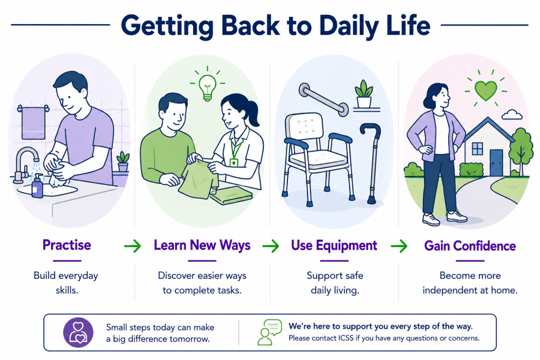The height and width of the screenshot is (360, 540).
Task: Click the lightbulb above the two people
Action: (x=207, y=87)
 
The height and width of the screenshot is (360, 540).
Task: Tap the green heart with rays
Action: (x=486, y=90)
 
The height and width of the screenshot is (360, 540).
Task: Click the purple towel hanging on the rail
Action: (x=33, y=123)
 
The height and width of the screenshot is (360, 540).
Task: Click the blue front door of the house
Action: (x=496, y=162)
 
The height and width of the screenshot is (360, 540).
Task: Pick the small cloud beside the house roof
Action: (x=512, y=114)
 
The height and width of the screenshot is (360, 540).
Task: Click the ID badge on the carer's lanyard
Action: (x=234, y=162)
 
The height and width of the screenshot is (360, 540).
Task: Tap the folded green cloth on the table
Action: (x=231, y=196)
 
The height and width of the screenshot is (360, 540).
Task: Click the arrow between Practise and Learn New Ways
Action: (x=132, y=246)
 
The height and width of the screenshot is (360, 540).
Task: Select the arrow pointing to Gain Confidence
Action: (x=399, y=246)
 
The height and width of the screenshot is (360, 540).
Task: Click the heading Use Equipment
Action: (x=334, y=246)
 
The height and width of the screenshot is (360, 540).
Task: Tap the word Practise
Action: (x=67, y=245)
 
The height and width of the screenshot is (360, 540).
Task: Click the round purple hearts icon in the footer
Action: (x=78, y=333)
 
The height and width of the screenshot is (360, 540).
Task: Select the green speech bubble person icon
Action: (x=269, y=332)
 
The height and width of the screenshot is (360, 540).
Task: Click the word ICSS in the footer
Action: (x=345, y=338)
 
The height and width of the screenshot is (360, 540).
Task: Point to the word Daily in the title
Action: (x=349, y=26)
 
